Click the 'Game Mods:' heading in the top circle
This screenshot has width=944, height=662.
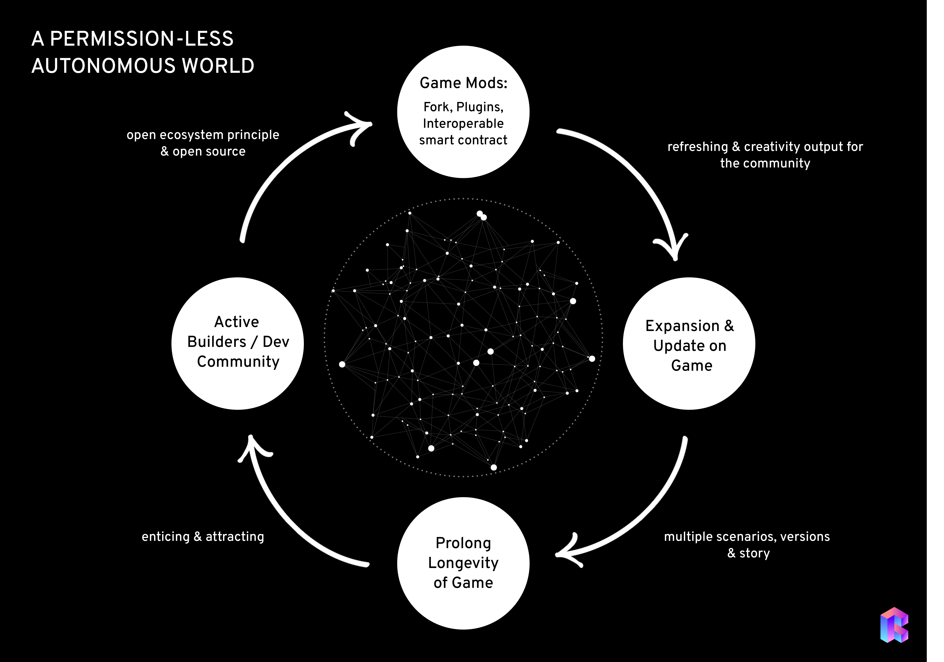(463, 83)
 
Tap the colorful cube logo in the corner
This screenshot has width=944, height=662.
(894, 625)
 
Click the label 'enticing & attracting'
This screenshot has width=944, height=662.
(203, 537)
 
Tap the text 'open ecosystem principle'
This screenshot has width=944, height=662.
(203, 135)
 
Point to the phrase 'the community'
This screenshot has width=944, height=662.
(765, 163)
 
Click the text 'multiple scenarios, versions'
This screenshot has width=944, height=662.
(747, 537)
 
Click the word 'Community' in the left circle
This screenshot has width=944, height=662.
(238, 361)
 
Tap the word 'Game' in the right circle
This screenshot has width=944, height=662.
(692, 366)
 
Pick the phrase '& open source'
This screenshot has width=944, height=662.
(203, 151)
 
